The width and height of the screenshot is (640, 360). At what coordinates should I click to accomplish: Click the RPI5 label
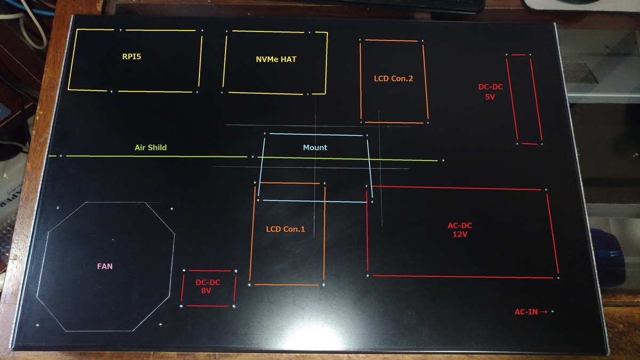132,57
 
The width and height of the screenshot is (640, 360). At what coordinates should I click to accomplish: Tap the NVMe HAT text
276,59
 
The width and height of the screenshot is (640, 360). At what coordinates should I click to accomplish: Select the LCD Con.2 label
394,78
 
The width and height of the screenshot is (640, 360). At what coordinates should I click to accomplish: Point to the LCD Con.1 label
285,229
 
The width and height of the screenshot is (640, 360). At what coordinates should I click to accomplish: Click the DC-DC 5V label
490,92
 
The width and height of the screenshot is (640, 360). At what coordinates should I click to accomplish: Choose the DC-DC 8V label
207,286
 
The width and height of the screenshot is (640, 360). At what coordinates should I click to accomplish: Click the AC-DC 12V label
460,230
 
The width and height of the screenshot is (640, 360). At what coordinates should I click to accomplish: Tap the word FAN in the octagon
105,266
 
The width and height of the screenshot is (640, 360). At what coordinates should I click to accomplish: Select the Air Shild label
150,147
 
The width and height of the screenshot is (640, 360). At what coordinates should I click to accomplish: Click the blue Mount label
315,147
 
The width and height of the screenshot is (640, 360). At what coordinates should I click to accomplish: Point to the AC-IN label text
526,311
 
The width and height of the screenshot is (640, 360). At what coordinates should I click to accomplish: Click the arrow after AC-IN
543,311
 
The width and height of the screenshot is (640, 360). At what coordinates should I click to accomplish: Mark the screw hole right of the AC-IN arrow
553,311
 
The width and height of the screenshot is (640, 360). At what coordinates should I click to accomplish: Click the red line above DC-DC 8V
210,270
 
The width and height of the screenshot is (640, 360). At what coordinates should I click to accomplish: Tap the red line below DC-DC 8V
207,306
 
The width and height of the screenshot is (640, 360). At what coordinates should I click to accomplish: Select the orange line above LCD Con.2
391,41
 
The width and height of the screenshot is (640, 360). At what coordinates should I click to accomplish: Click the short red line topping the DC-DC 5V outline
518,54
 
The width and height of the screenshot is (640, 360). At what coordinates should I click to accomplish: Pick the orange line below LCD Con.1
286,285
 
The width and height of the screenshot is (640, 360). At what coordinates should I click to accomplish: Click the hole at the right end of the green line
443,161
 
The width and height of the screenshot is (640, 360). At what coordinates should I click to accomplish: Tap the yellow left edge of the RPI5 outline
73,60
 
